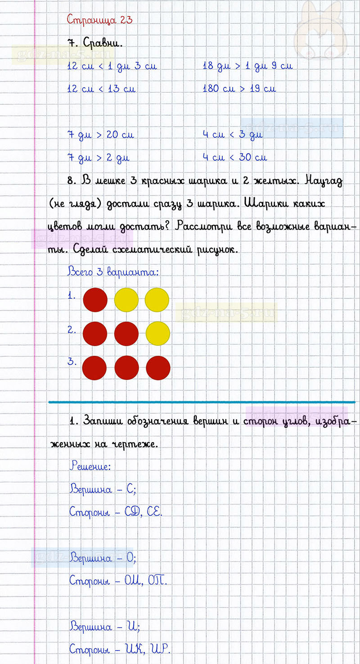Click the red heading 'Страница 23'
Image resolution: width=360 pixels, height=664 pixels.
99,20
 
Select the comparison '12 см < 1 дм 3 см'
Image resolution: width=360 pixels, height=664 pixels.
112,66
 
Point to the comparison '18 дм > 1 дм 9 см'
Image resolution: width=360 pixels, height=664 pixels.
247,66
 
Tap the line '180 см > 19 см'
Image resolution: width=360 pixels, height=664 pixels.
239,89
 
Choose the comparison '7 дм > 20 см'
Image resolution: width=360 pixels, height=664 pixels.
100,135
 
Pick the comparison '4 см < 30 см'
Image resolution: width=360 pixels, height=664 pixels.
234,157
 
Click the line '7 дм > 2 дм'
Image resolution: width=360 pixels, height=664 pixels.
98,158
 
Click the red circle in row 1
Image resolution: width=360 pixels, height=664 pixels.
95,300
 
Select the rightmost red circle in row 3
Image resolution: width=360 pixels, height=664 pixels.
158,368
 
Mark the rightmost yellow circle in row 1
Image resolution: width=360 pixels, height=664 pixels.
157,300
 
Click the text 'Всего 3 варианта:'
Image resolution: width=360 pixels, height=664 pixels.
113,272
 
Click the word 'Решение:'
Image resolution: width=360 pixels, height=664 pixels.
90,466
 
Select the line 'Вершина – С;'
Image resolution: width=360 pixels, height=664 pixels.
103,489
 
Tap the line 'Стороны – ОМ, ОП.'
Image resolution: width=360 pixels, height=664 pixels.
118,581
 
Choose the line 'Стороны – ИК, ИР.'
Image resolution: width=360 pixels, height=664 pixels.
120,649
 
